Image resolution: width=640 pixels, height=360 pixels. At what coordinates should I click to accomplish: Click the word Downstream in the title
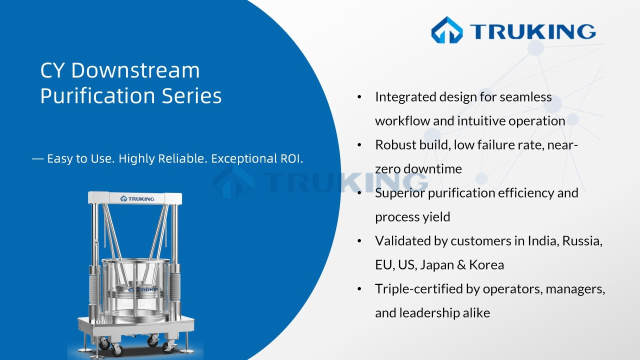pyautogui.click(x=135, y=70)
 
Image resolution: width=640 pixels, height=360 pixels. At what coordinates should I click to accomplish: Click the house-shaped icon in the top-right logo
pyautogui.click(x=447, y=30)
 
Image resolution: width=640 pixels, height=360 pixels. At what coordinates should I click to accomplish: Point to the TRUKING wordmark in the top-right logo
pyautogui.click(x=532, y=31)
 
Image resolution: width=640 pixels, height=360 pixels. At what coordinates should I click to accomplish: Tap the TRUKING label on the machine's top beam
pyautogui.click(x=137, y=198)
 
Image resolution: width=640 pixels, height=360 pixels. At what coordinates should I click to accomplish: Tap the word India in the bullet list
pyautogui.click(x=543, y=241)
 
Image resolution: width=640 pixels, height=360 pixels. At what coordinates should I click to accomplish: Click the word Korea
pyautogui.click(x=486, y=265)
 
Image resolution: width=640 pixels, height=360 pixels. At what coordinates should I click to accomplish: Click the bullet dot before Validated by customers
pyautogui.click(x=359, y=241)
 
